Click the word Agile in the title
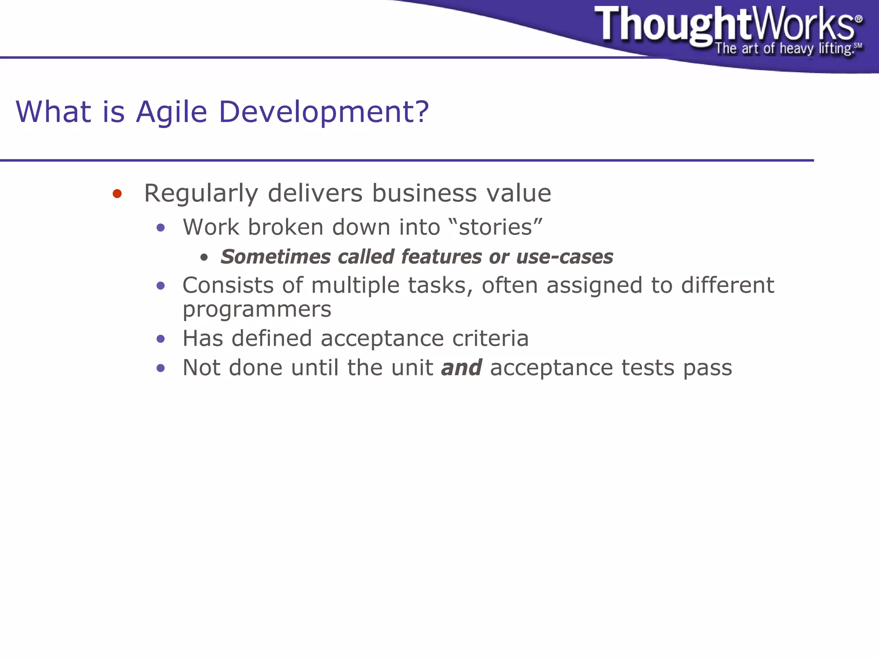coord(171,112)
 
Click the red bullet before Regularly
coord(117,194)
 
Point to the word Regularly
coord(200,194)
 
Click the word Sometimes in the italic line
coord(276,257)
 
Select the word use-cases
coord(564,257)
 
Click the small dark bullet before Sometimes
coord(204,258)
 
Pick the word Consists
coord(228,285)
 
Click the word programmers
coord(257,310)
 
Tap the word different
coord(727,285)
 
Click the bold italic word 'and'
coord(461,368)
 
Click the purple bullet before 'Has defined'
coord(161,339)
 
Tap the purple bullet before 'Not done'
coord(161,368)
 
